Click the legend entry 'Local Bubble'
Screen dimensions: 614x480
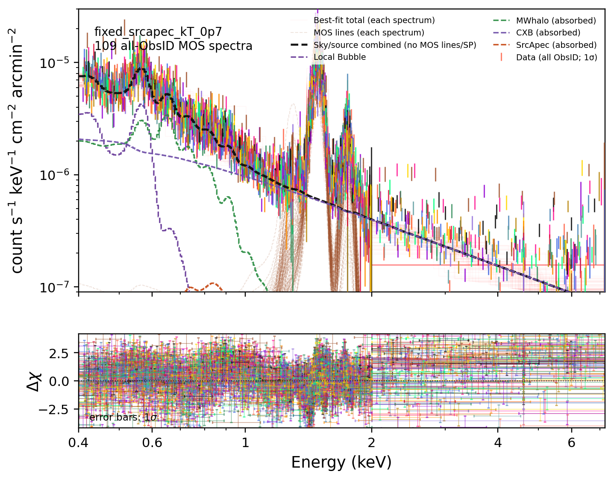pyautogui.click(x=339, y=57)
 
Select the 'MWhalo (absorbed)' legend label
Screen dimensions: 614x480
pyautogui.click(x=556, y=21)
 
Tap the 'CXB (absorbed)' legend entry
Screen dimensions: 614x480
pyautogui.click(x=548, y=33)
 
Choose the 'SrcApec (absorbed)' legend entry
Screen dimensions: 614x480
pyautogui.click(x=556, y=45)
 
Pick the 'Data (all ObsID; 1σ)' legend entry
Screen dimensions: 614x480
pyautogui.click(x=556, y=57)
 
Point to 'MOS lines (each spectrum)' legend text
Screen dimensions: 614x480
pyautogui.click(x=369, y=33)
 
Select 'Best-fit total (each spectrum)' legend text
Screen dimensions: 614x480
pyautogui.click(x=374, y=21)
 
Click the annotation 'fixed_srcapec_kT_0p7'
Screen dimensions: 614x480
pyautogui.click(x=158, y=32)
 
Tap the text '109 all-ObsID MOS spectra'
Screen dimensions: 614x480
pyautogui.click(x=173, y=46)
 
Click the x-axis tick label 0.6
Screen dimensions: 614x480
pyautogui.click(x=152, y=443)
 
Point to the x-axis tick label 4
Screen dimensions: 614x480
pyautogui.click(x=498, y=443)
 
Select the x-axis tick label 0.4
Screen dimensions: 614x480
pyautogui.click(x=78, y=443)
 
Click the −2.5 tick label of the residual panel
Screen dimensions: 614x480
pyautogui.click(x=54, y=409)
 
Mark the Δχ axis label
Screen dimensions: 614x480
pyautogui.click(x=34, y=382)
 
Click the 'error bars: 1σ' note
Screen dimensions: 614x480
pyautogui.click(x=123, y=417)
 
